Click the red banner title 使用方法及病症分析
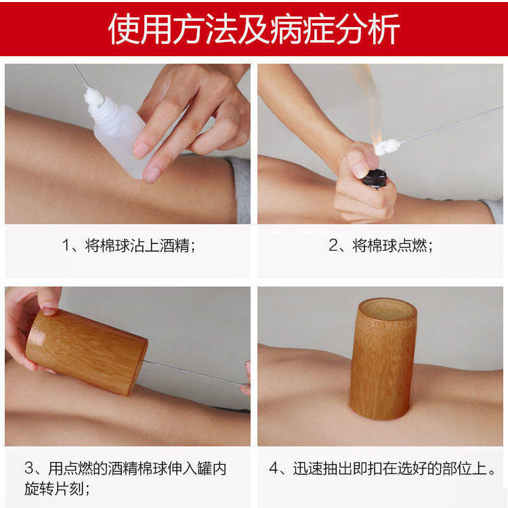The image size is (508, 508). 254,28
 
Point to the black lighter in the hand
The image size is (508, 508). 375,177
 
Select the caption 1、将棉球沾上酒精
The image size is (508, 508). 129,245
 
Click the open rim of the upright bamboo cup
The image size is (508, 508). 387,310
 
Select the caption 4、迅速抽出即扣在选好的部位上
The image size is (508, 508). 383,469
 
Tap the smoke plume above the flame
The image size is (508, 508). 362,95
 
